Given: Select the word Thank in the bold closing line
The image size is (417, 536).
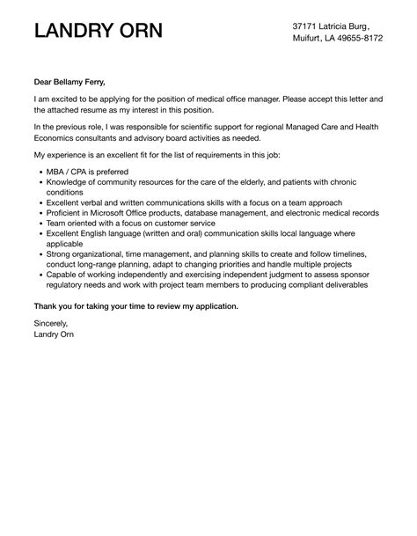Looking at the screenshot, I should coord(48,305).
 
